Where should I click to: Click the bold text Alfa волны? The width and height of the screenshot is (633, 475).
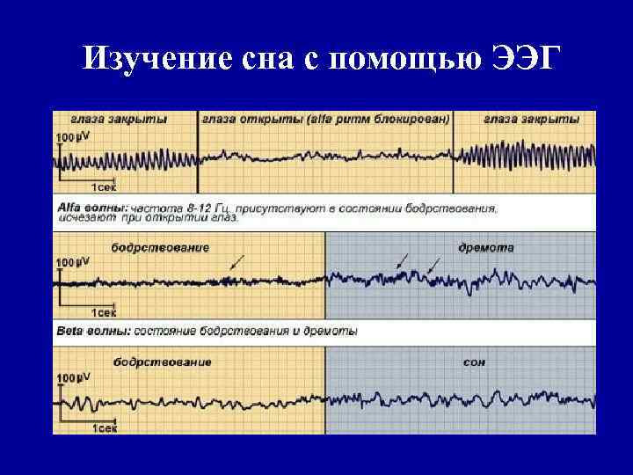79,209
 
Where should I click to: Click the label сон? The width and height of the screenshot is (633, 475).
474,362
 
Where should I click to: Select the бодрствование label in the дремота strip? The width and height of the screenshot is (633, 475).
160,248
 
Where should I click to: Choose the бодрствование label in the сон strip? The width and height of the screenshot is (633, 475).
162,362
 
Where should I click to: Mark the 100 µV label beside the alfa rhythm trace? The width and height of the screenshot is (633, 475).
72,137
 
